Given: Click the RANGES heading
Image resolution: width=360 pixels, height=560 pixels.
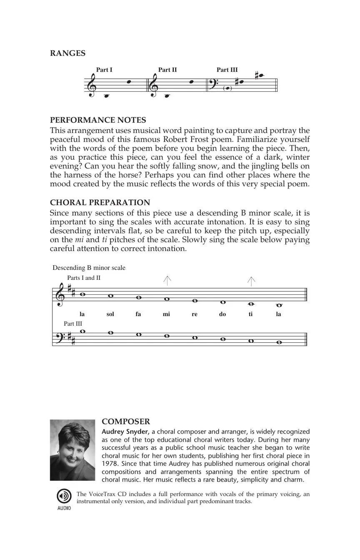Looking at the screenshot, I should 67,53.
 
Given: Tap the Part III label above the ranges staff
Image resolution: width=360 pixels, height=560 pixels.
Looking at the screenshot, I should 227,70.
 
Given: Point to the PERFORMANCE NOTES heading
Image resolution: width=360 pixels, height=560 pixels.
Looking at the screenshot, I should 98,120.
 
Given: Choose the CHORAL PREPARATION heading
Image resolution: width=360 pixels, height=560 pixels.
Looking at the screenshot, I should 100,203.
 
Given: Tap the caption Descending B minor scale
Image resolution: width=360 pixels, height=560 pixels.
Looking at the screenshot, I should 89,268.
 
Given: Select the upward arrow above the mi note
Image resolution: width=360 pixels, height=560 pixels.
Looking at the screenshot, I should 167,281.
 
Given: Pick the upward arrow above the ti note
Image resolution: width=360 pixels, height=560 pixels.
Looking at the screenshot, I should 251,281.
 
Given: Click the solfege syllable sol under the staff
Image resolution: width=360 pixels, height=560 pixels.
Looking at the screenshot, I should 110,314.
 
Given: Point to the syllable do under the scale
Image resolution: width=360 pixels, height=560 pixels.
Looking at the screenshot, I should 222,314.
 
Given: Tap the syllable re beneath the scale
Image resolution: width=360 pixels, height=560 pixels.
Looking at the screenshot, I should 194,314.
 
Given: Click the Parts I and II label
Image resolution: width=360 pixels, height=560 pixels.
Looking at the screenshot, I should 84,278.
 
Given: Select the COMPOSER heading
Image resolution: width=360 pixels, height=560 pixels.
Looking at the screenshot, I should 126,422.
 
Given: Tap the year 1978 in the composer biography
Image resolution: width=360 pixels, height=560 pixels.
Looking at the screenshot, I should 109,464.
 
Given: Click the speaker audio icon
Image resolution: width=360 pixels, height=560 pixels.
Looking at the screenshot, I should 64,496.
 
